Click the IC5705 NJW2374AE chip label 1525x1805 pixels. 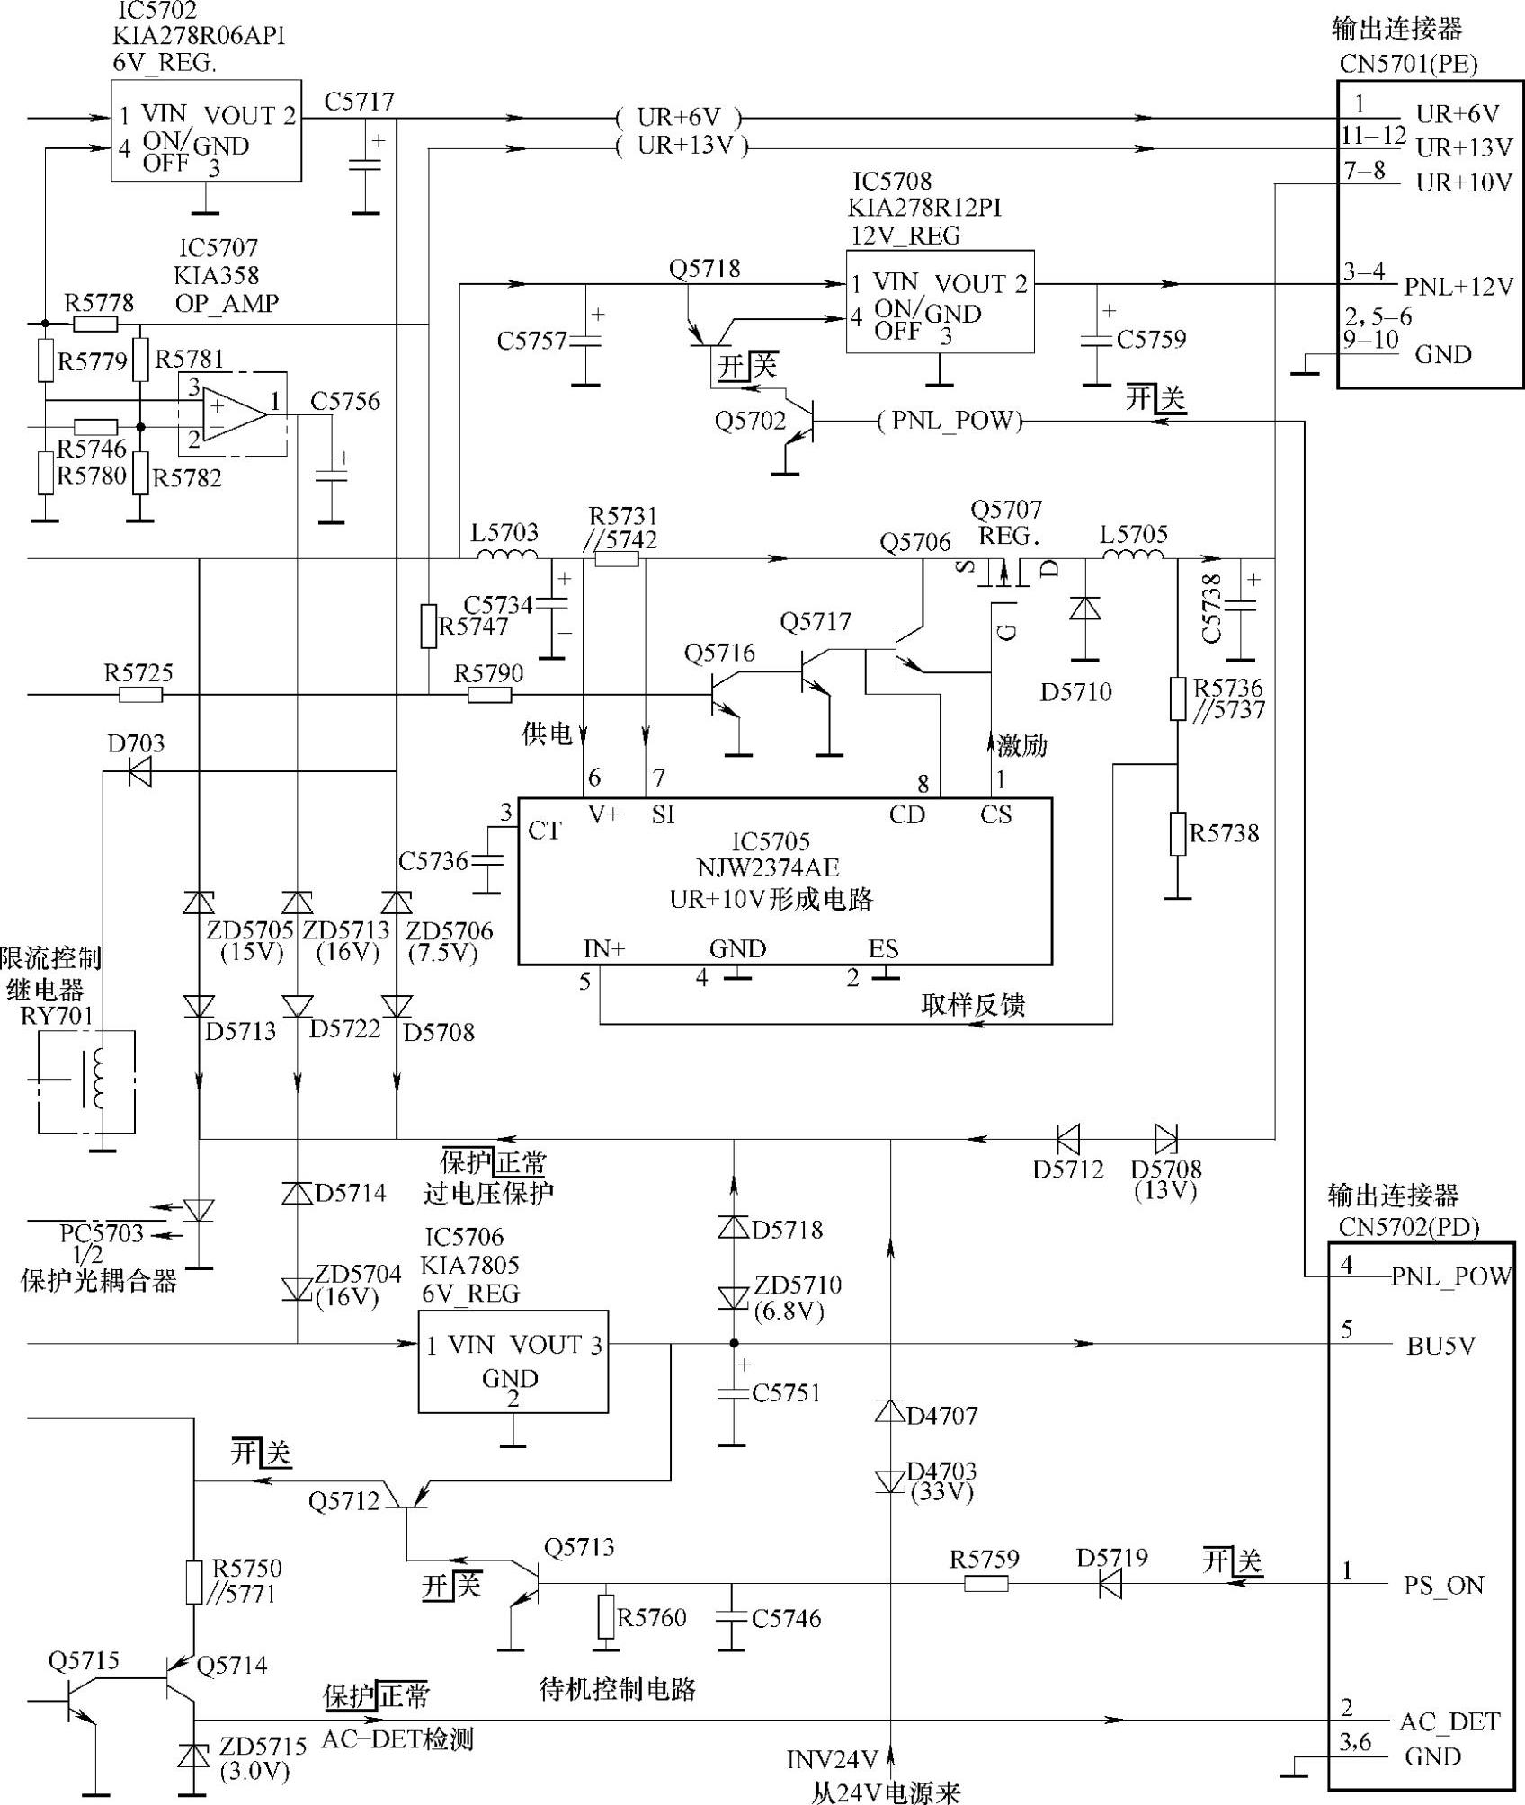[x=783, y=855]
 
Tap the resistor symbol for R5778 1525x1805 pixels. [x=95, y=325]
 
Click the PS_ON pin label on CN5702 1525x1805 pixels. [x=1444, y=1586]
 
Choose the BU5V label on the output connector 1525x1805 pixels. [x=1440, y=1346]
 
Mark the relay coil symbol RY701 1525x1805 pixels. [x=100, y=1081]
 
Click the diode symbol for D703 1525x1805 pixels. [x=139, y=771]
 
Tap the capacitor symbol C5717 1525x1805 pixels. [x=366, y=164]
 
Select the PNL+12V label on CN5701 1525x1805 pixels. [x=1459, y=287]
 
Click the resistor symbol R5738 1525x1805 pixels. [x=1178, y=833]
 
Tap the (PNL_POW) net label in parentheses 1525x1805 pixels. [x=950, y=421]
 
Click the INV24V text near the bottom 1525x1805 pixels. [x=832, y=1758]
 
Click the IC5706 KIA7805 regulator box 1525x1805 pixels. [x=513, y=1361]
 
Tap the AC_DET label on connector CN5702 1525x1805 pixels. [x=1449, y=1721]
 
